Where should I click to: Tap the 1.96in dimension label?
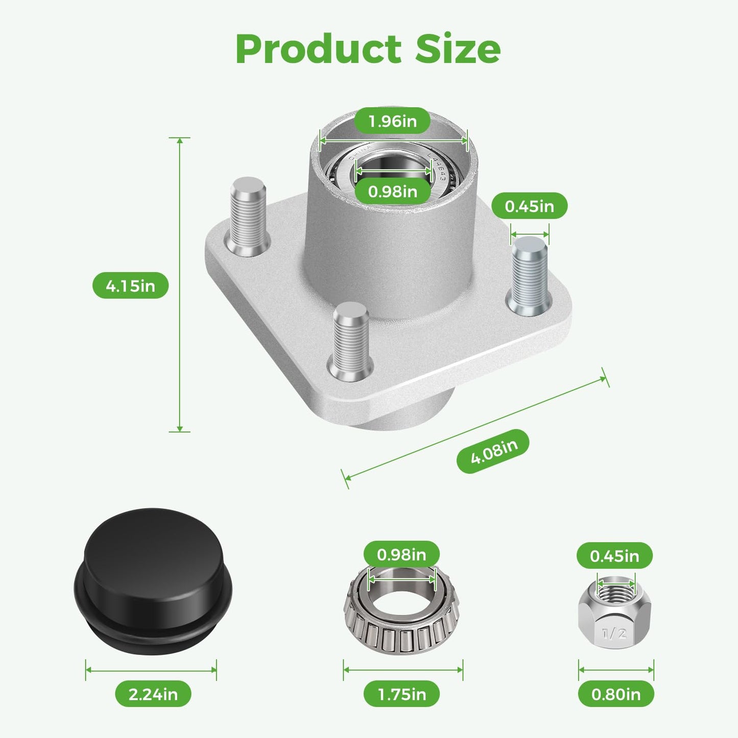click(x=393, y=121)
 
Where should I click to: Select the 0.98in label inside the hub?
click(x=393, y=191)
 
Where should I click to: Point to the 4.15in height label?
click(x=131, y=285)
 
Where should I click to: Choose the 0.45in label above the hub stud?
click(x=529, y=206)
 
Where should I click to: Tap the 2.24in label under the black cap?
click(x=153, y=694)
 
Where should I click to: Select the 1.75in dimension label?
click(x=402, y=694)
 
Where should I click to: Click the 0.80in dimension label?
click(x=616, y=694)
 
